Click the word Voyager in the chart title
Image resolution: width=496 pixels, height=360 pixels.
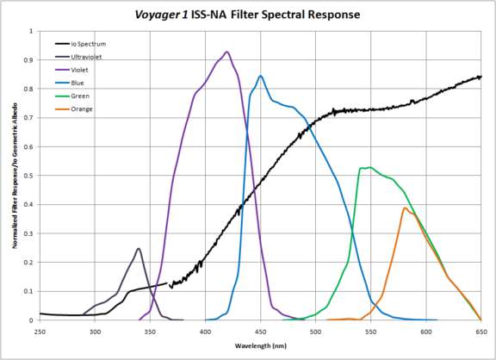[x=163, y=15]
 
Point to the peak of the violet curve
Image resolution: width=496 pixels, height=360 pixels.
[x=226, y=52]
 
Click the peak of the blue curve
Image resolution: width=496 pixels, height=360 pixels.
[x=260, y=76]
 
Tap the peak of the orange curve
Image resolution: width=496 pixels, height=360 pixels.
[x=404, y=208]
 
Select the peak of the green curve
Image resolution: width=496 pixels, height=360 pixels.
[x=369, y=167]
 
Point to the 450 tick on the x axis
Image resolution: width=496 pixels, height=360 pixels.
[x=260, y=330]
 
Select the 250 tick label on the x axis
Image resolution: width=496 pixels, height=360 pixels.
[x=39, y=330]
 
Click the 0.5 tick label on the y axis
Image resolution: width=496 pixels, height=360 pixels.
[x=30, y=176]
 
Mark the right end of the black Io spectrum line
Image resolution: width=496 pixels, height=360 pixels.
[x=480, y=77]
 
